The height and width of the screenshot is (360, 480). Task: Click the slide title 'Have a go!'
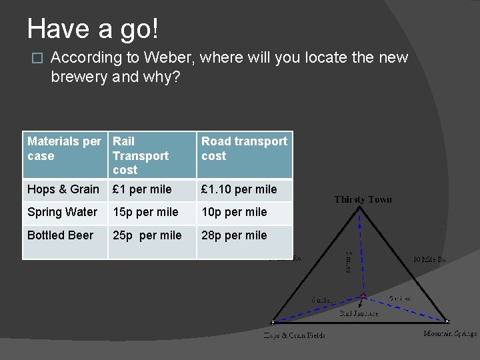93,29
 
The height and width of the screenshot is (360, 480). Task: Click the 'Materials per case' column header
64,149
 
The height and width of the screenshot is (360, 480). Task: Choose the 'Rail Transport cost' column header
141,155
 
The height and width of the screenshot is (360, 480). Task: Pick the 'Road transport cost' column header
244,149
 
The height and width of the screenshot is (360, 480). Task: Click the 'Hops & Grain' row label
63,189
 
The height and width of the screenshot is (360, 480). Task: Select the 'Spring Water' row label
63,212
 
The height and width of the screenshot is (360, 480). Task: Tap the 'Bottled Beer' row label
60,235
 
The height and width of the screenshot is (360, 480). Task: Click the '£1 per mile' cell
142,189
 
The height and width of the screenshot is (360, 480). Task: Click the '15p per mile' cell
145,212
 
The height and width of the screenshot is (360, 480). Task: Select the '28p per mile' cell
234,235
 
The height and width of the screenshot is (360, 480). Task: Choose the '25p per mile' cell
147,235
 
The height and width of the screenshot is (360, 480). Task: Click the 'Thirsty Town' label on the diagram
363,199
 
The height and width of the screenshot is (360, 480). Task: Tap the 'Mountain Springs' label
450,333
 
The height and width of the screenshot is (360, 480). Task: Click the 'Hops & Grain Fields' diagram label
294,335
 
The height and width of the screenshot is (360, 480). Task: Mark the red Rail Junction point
363,296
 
